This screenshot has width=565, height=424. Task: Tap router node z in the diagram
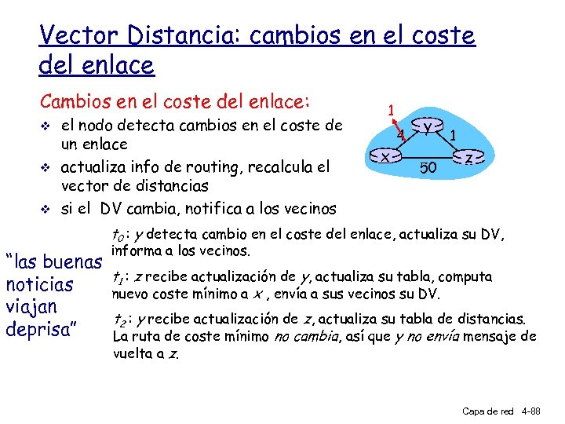coord(468,158)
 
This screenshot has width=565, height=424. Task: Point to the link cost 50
coord(428,167)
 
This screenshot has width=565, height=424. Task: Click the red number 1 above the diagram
coord(390,109)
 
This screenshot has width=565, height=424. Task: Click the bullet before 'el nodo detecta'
coord(48,126)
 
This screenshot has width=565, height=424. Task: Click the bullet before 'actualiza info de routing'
coord(48,167)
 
